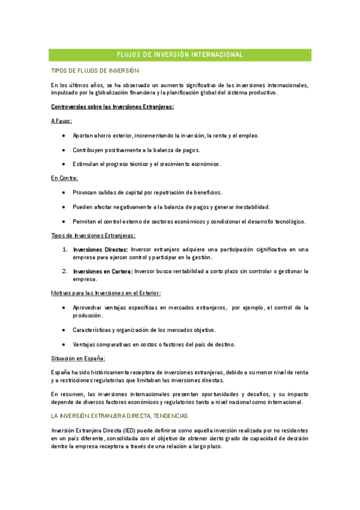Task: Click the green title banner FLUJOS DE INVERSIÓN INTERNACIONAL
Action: (x=180, y=55)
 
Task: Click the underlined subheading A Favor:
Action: (x=62, y=121)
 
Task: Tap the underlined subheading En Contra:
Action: (x=64, y=178)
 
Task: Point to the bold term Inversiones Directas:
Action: (x=100, y=249)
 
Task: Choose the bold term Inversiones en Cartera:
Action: (x=102, y=271)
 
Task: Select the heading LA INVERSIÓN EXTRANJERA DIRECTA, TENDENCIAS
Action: (x=120, y=416)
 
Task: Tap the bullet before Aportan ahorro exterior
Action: (x=64, y=135)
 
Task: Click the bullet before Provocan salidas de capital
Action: (x=64, y=192)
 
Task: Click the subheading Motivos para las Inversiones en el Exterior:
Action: (x=105, y=293)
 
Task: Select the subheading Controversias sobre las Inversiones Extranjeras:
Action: (x=112, y=107)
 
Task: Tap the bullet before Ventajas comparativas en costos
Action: (x=64, y=344)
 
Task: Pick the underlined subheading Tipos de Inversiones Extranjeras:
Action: (x=93, y=235)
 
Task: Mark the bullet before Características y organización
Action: (x=64, y=330)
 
